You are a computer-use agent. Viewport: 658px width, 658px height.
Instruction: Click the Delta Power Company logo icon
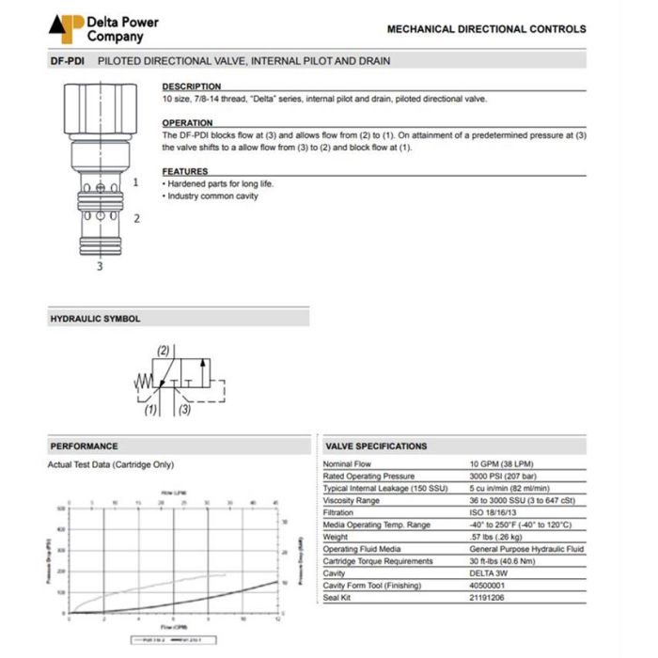pyautogui.click(x=66, y=28)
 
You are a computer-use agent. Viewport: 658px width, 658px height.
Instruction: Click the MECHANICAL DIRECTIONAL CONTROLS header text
pyautogui.click(x=486, y=29)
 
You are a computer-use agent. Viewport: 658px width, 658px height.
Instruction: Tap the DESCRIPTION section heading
pyautogui.click(x=192, y=86)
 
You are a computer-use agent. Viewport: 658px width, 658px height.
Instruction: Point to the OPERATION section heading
pyautogui.click(x=187, y=123)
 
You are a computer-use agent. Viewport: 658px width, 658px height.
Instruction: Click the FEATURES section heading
pyautogui.click(x=185, y=171)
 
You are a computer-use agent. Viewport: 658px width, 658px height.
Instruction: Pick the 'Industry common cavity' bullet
pyautogui.click(x=211, y=196)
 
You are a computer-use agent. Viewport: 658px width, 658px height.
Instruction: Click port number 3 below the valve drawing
pyautogui.click(x=101, y=266)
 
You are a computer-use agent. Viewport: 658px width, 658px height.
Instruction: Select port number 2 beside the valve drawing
pyautogui.click(x=136, y=218)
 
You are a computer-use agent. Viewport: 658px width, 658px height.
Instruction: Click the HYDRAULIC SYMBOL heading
pyautogui.click(x=95, y=319)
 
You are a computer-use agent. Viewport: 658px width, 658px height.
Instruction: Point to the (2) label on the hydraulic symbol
pyautogui.click(x=164, y=352)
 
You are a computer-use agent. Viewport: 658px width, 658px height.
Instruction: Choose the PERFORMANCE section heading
pyautogui.click(x=84, y=446)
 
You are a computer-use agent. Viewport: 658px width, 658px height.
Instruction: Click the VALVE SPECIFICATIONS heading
pyautogui.click(x=375, y=446)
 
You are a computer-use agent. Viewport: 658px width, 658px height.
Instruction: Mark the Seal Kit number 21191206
pyautogui.click(x=487, y=598)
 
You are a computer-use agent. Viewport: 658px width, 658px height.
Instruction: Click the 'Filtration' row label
pyautogui.click(x=338, y=513)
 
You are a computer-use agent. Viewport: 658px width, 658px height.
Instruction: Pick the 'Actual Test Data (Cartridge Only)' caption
pyautogui.click(x=110, y=464)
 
